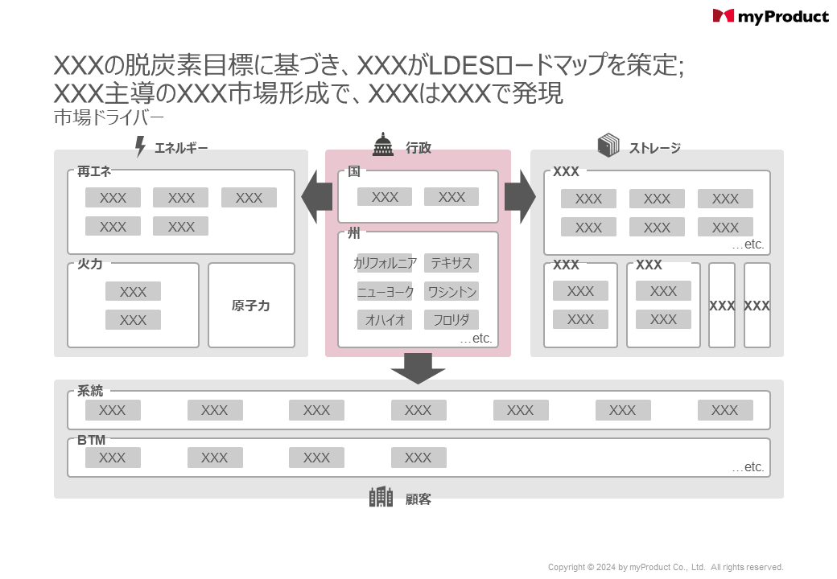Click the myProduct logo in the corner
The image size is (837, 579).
[770, 16]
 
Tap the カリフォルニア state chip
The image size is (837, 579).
[385, 263]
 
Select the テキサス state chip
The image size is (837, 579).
[451, 263]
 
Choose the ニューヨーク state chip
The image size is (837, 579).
[385, 291]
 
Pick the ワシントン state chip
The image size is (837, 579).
[451, 291]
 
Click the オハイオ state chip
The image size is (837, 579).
[385, 319]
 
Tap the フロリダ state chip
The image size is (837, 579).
[451, 319]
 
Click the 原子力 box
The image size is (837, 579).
[251, 306]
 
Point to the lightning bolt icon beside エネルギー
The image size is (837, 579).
[140, 147]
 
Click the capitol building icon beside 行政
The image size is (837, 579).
[382, 145]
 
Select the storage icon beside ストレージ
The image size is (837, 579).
[608, 146]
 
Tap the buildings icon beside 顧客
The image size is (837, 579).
[381, 497]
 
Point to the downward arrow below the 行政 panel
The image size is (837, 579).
[418, 369]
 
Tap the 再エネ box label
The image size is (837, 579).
[94, 170]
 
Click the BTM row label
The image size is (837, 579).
[92, 440]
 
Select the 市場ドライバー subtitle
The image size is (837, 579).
[109, 117]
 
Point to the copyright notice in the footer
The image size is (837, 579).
[666, 567]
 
